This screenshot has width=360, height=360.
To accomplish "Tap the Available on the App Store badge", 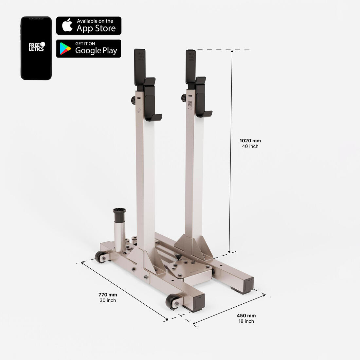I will tap(89, 26).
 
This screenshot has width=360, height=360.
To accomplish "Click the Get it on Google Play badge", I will tap(89, 48).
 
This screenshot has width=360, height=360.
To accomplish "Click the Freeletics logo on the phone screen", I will tap(36, 46).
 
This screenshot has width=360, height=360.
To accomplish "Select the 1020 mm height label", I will tap(250, 141).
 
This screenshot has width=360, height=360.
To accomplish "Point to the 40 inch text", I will tap(250, 147).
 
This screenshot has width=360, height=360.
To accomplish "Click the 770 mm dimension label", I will tap(108, 295).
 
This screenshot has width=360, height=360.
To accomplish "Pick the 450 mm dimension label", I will tap(246, 315).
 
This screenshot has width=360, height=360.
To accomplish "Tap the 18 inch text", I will tap(246, 321).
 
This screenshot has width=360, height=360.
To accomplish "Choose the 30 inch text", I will tap(108, 300).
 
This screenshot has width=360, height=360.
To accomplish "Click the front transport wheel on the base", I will tap(172, 301).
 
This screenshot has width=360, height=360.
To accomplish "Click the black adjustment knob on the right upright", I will tap(184, 98).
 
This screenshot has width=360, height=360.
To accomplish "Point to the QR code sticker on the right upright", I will tap(190, 104).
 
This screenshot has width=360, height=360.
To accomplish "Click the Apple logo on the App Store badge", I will tap(67, 25).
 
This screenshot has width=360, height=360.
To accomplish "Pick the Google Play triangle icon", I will tap(65, 48).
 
